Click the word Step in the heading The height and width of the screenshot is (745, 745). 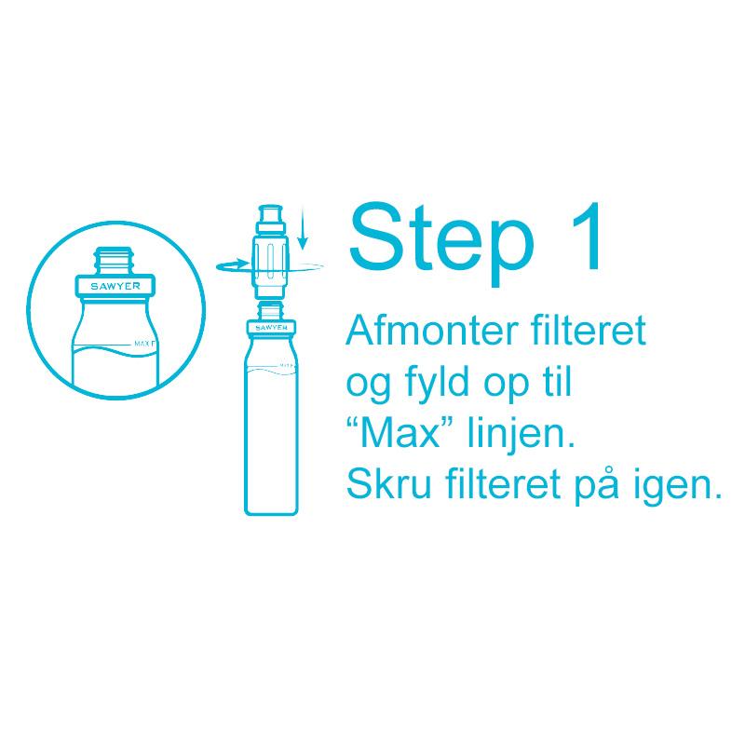point(440,243)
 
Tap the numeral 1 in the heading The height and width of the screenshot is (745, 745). point(586,237)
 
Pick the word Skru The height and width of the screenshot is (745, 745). point(389,483)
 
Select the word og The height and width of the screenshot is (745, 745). point(369,387)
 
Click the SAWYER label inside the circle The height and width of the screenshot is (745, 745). point(115,286)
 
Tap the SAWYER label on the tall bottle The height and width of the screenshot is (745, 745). point(271,328)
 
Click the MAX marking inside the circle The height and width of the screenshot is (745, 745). point(144,344)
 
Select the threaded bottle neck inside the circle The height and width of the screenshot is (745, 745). point(115,261)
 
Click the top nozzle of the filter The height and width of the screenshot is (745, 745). point(270,217)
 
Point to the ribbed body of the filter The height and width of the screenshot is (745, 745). point(270,263)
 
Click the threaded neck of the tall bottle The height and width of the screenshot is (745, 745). point(270,312)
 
